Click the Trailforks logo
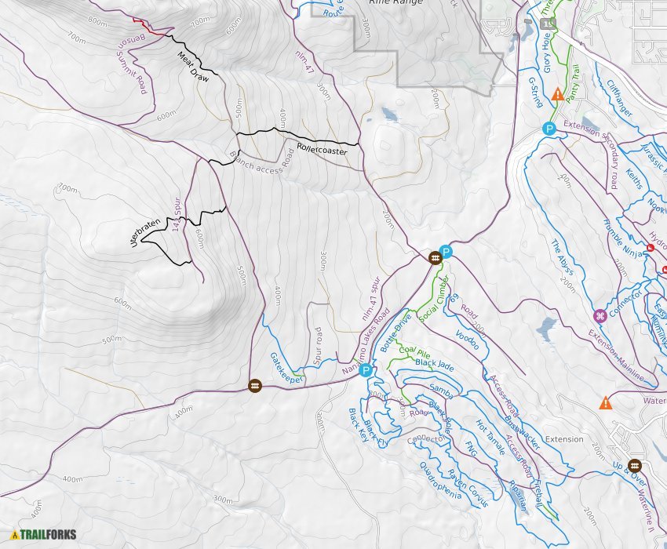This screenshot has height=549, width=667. click(43, 536)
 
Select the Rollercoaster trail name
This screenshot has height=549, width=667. click(322, 149)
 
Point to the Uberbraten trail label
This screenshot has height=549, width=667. click(146, 233)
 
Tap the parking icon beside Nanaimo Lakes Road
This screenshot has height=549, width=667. click(366, 371)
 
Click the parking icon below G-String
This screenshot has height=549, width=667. click(549, 129)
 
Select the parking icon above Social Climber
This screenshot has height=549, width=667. click(446, 252)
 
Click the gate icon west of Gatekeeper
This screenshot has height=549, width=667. click(254, 386)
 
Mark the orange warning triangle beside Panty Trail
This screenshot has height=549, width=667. click(557, 95)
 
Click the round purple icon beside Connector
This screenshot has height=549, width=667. click(600, 316)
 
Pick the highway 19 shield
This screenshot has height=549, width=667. click(548, 24)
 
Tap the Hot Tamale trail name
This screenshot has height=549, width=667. click(490, 434)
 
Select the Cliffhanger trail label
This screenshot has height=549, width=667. click(619, 100)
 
